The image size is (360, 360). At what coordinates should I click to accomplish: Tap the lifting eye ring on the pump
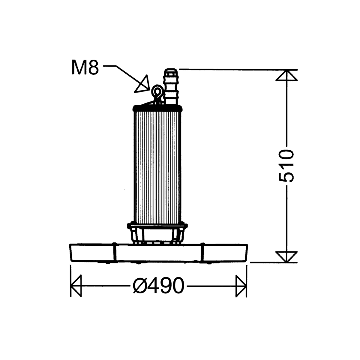157,91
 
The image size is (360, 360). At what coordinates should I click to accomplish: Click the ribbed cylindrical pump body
157,165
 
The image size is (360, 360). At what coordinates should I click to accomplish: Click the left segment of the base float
92,253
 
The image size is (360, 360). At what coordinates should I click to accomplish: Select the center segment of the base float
158,253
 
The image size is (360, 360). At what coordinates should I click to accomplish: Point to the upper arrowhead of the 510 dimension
287,75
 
